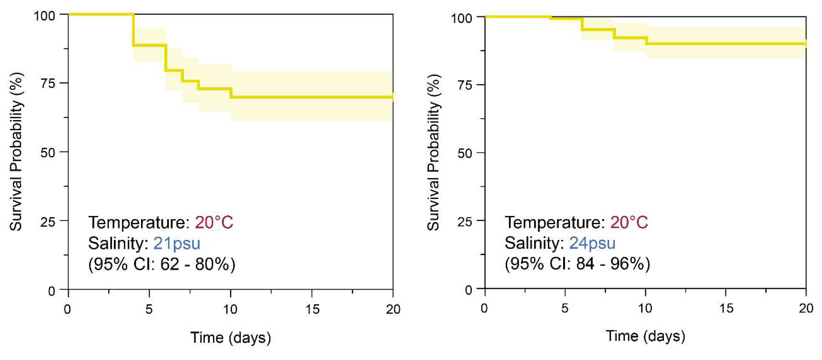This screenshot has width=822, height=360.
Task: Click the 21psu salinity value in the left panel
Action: tap(177, 243)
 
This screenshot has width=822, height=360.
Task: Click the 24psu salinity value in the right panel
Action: tap(592, 243)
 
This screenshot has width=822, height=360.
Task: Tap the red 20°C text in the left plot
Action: tap(214, 222)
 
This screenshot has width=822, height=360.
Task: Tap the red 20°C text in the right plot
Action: tap(629, 222)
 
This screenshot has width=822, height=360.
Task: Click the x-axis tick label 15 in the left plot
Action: tap(312, 309)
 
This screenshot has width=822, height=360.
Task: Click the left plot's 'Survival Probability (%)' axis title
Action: tap(16, 152)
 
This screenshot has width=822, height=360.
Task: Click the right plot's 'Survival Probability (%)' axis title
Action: tap(433, 153)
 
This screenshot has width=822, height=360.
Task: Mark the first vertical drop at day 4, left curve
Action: tap(133, 30)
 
